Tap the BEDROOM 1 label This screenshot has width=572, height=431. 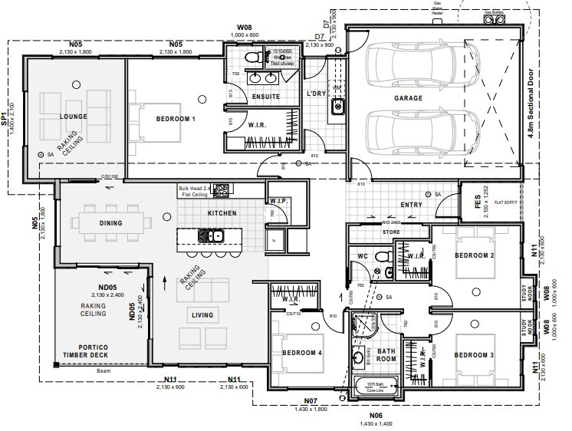coord(176,119)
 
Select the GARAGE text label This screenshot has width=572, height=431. coord(409,98)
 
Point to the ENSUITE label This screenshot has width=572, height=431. coord(265,97)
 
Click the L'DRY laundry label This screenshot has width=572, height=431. coord(317,94)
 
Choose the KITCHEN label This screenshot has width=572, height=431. coord(222,212)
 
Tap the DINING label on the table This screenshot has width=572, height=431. coord(111,223)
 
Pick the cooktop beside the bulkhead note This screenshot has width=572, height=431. coord(224,188)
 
